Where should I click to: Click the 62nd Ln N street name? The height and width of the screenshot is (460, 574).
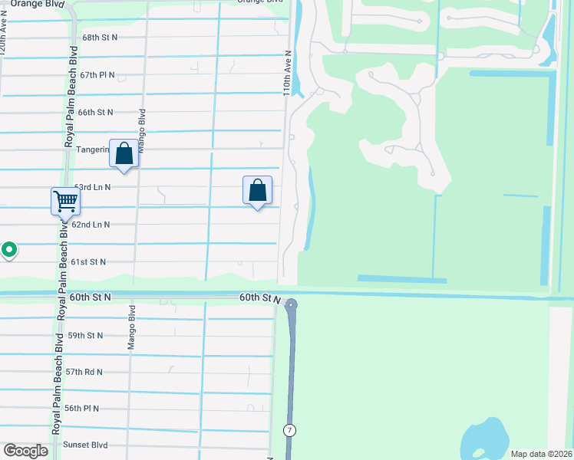pyautogui.click(x=91, y=225)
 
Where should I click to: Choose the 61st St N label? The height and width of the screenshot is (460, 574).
pyautogui.click(x=88, y=261)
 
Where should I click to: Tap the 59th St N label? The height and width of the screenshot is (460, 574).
pyautogui.click(x=85, y=336)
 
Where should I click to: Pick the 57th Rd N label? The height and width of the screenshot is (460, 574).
pyautogui.click(x=84, y=372)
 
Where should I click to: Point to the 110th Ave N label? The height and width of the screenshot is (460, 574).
pyautogui.click(x=287, y=74)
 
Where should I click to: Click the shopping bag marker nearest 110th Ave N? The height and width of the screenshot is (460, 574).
pyautogui.click(x=258, y=190)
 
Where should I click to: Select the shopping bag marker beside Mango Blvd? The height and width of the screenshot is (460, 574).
pyautogui.click(x=124, y=153)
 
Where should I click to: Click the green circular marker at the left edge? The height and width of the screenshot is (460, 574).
pyautogui.click(x=8, y=249)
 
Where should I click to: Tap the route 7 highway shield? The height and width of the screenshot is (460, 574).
pyautogui.click(x=289, y=430)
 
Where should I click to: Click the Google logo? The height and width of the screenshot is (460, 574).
pyautogui.click(x=25, y=451)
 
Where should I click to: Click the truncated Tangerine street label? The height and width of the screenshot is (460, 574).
pyautogui.click(x=93, y=149)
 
